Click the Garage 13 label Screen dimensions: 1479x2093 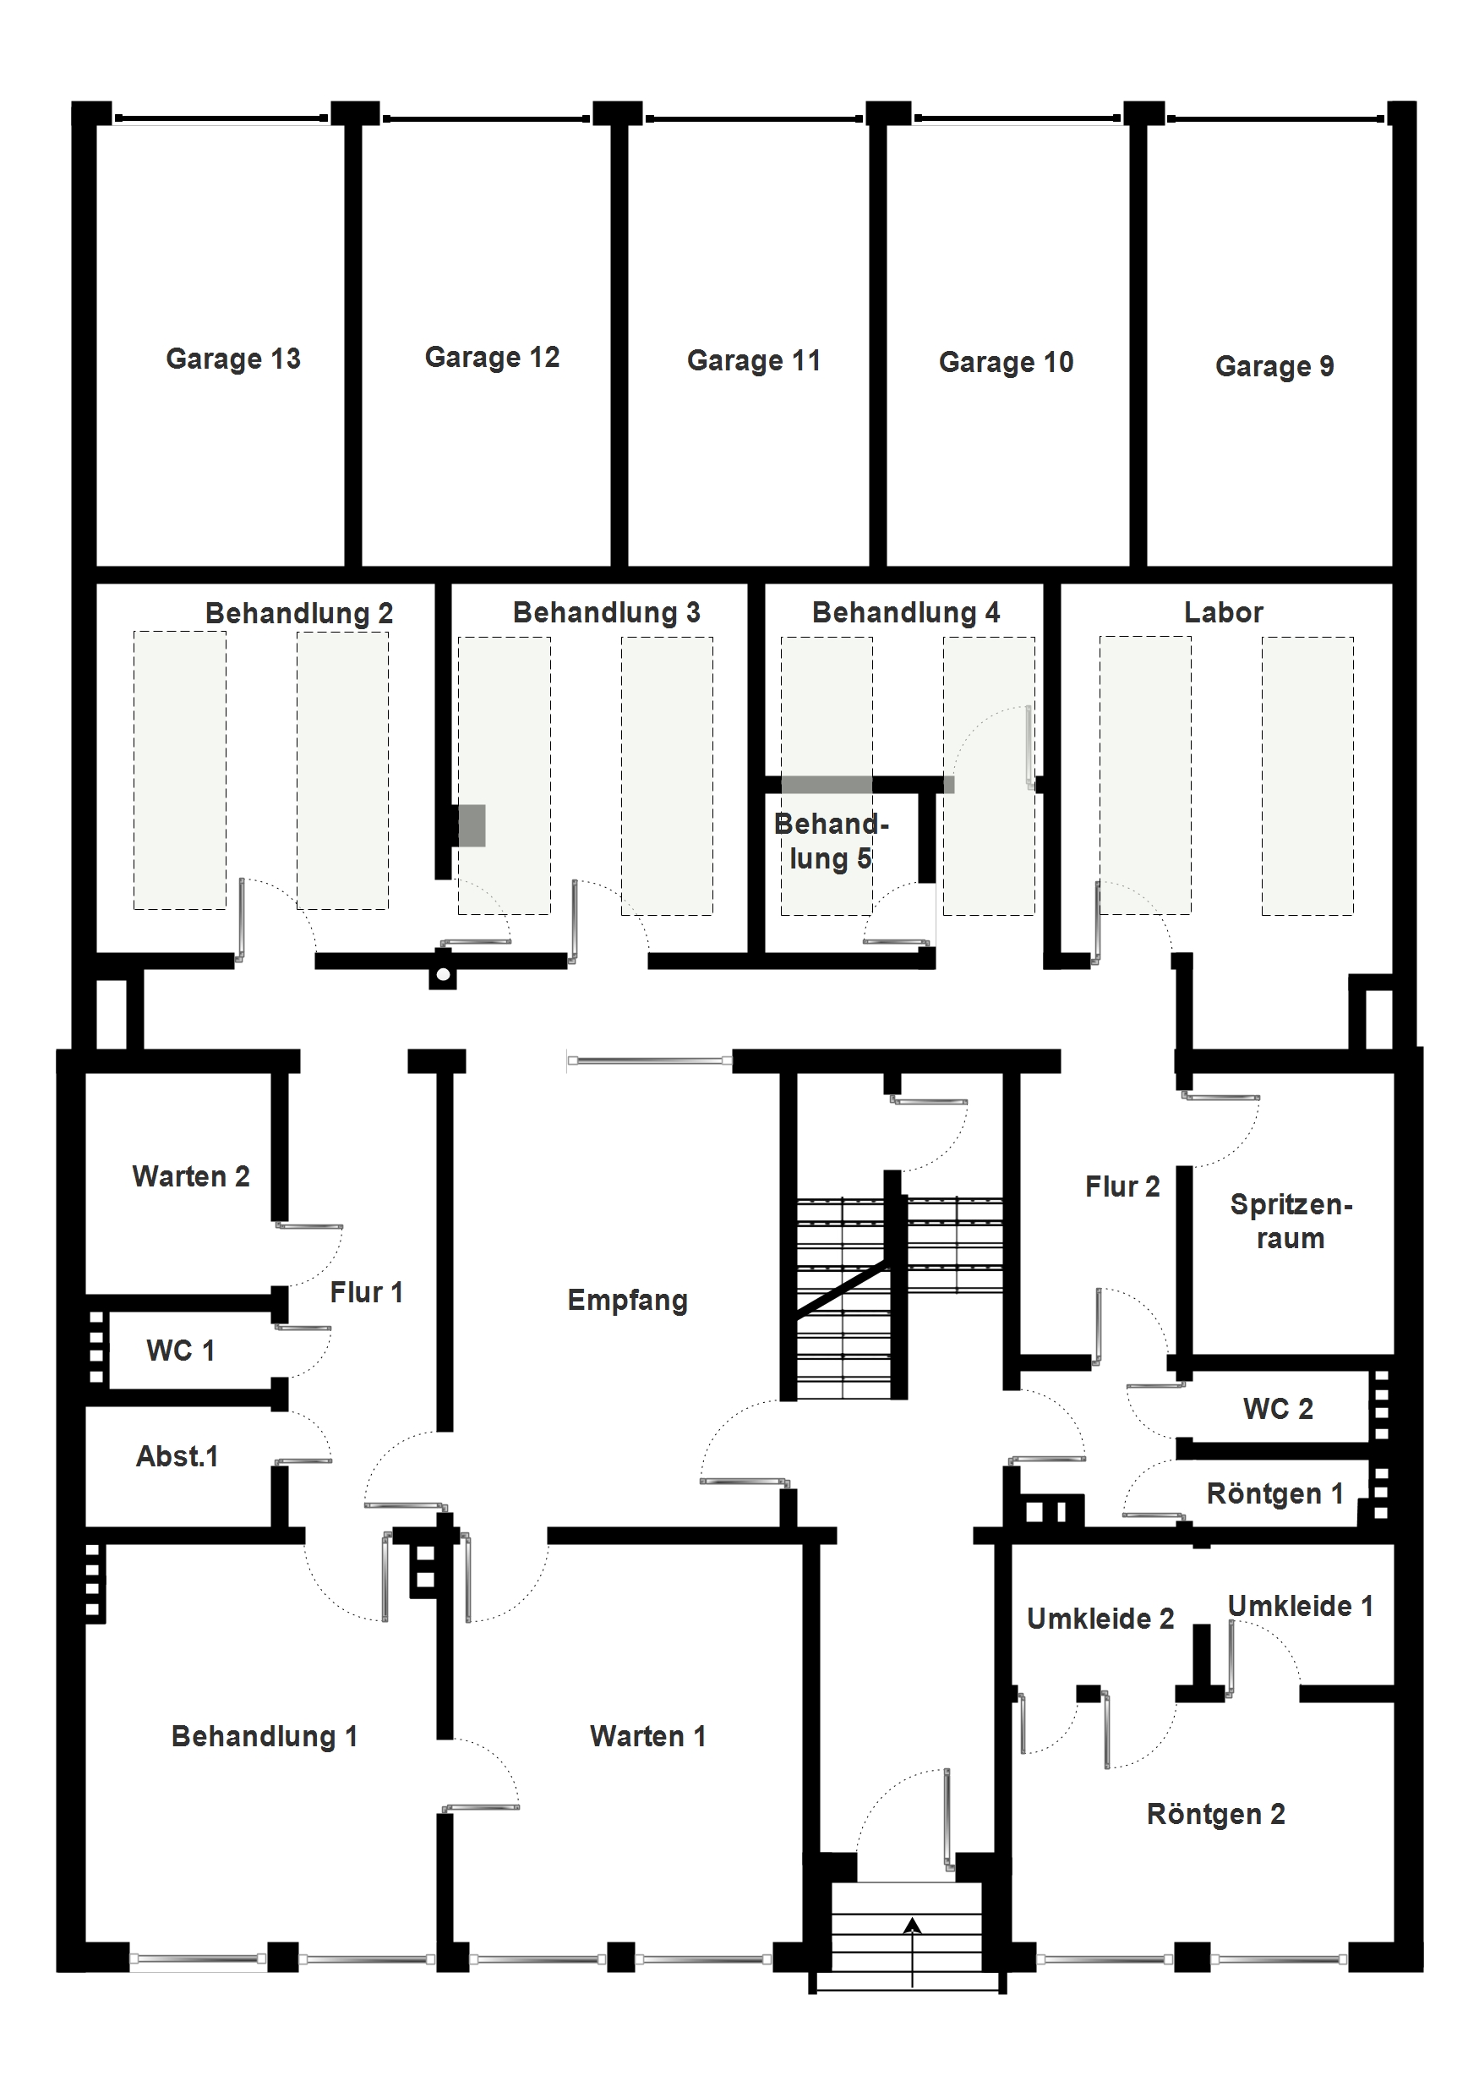[233, 359]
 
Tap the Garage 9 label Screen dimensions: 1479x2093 [1274, 366]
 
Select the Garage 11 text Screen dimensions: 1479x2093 [754, 361]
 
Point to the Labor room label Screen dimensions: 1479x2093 [1223, 612]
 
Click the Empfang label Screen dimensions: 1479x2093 [627, 1301]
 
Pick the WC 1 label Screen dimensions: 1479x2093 [180, 1351]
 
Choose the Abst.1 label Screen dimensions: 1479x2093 [177, 1457]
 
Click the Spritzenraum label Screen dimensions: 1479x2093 [1291, 1221]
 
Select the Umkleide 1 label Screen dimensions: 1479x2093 [1301, 1606]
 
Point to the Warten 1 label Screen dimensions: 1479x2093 [648, 1737]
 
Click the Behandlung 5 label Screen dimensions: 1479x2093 [830, 841]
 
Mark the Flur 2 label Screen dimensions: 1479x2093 [1122, 1187]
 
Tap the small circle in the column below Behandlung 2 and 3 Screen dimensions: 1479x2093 [443, 975]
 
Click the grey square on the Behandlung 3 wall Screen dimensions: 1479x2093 [471, 826]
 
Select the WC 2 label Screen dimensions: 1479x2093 [1278, 1410]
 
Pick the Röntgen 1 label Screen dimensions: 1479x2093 [1274, 1494]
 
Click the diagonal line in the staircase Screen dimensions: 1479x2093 [840, 1289]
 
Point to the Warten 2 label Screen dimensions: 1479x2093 [190, 1177]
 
